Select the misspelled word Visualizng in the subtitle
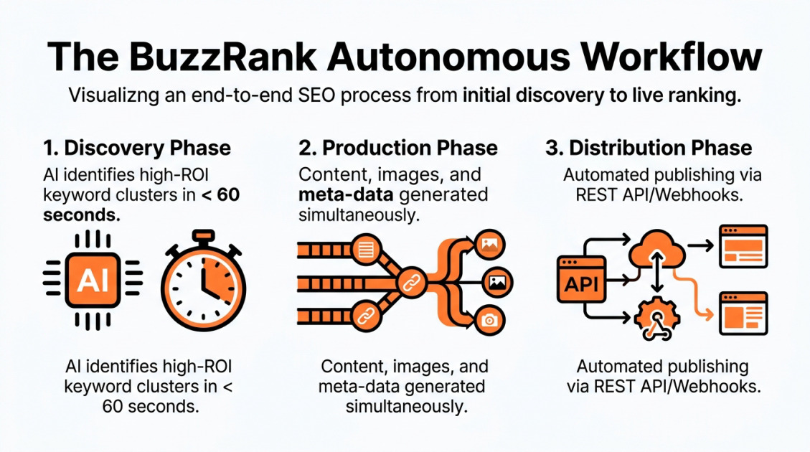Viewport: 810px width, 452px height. pyautogui.click(x=111, y=97)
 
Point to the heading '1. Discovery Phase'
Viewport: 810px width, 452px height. pyautogui.click(x=136, y=149)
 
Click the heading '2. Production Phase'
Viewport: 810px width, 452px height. pyautogui.click(x=398, y=149)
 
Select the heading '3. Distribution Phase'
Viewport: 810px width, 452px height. pyautogui.click(x=649, y=149)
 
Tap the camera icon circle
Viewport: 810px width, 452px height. pyautogui.click(x=490, y=320)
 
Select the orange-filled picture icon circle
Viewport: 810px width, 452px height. pyautogui.click(x=490, y=245)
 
